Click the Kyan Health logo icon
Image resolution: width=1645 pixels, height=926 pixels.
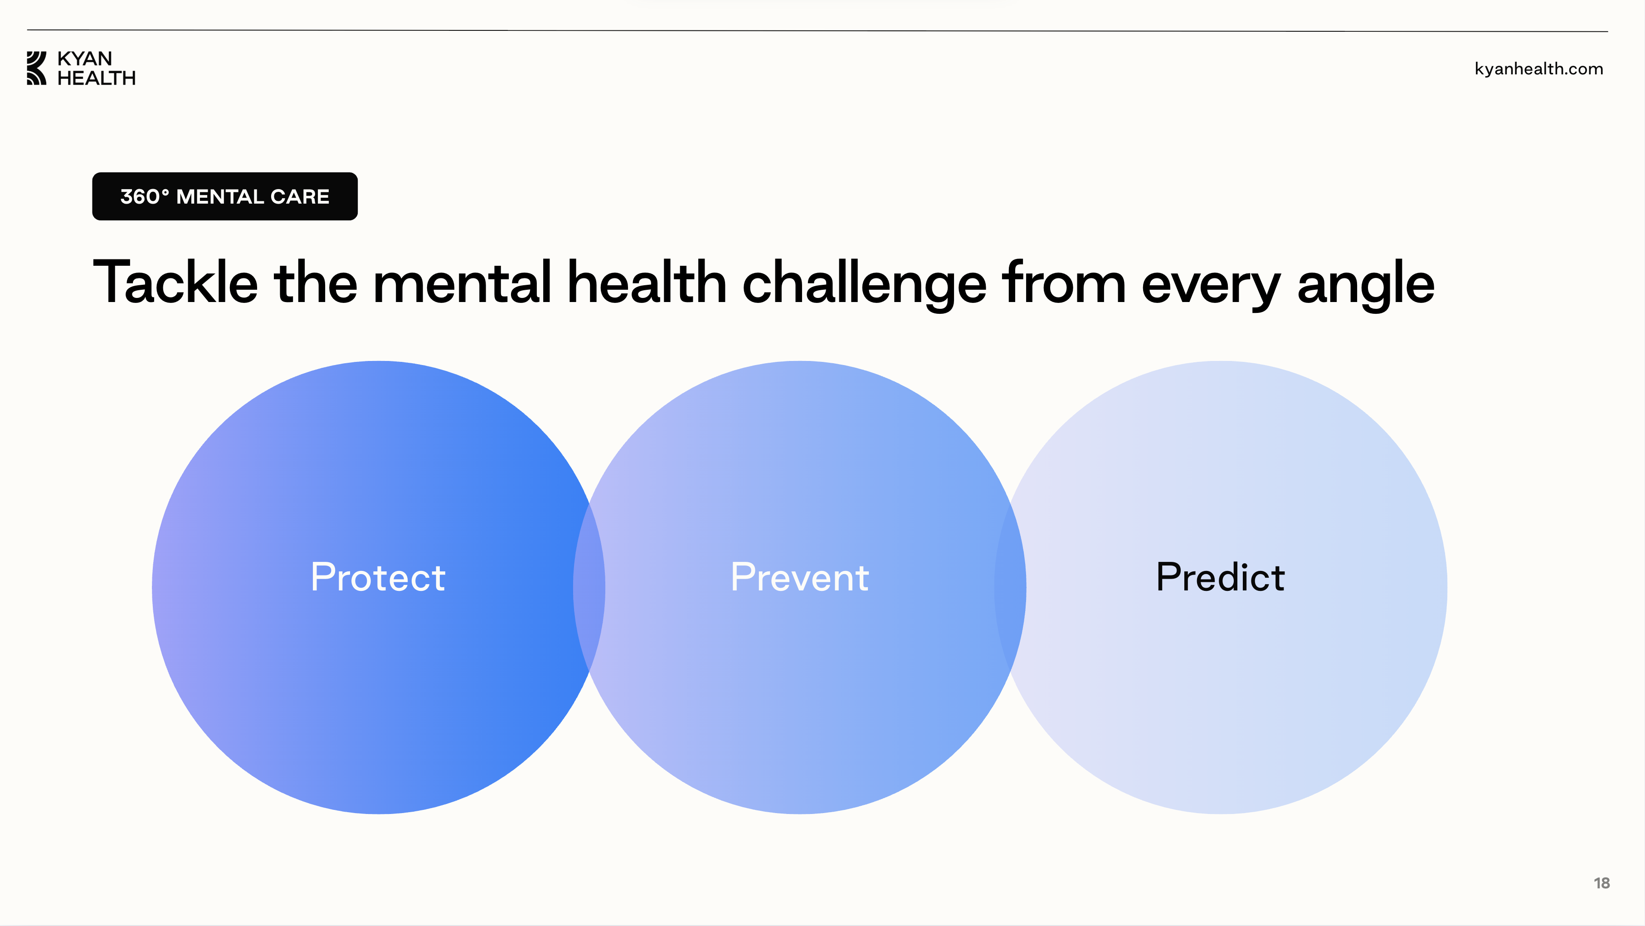click(36, 68)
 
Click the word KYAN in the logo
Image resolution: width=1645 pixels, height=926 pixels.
click(85, 59)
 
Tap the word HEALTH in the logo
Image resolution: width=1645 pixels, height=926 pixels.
click(97, 78)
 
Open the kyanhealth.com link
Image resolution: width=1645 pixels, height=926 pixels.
click(1539, 69)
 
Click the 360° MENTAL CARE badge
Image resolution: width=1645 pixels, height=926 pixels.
click(225, 196)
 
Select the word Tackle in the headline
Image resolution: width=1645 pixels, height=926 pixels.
click(175, 282)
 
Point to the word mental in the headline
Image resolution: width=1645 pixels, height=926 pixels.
click(462, 282)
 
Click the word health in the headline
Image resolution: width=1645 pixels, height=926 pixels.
click(647, 282)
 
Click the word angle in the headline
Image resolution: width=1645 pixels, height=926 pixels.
click(1366, 285)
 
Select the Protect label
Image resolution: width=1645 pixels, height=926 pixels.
click(378, 577)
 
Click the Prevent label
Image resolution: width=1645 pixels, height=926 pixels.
click(799, 577)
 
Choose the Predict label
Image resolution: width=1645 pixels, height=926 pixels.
click(1220, 577)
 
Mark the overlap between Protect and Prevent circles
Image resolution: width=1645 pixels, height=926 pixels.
click(589, 588)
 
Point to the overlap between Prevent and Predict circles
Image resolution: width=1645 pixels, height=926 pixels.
click(1010, 588)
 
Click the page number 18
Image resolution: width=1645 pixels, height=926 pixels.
click(1601, 883)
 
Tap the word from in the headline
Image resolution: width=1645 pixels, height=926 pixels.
click(1064, 282)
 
